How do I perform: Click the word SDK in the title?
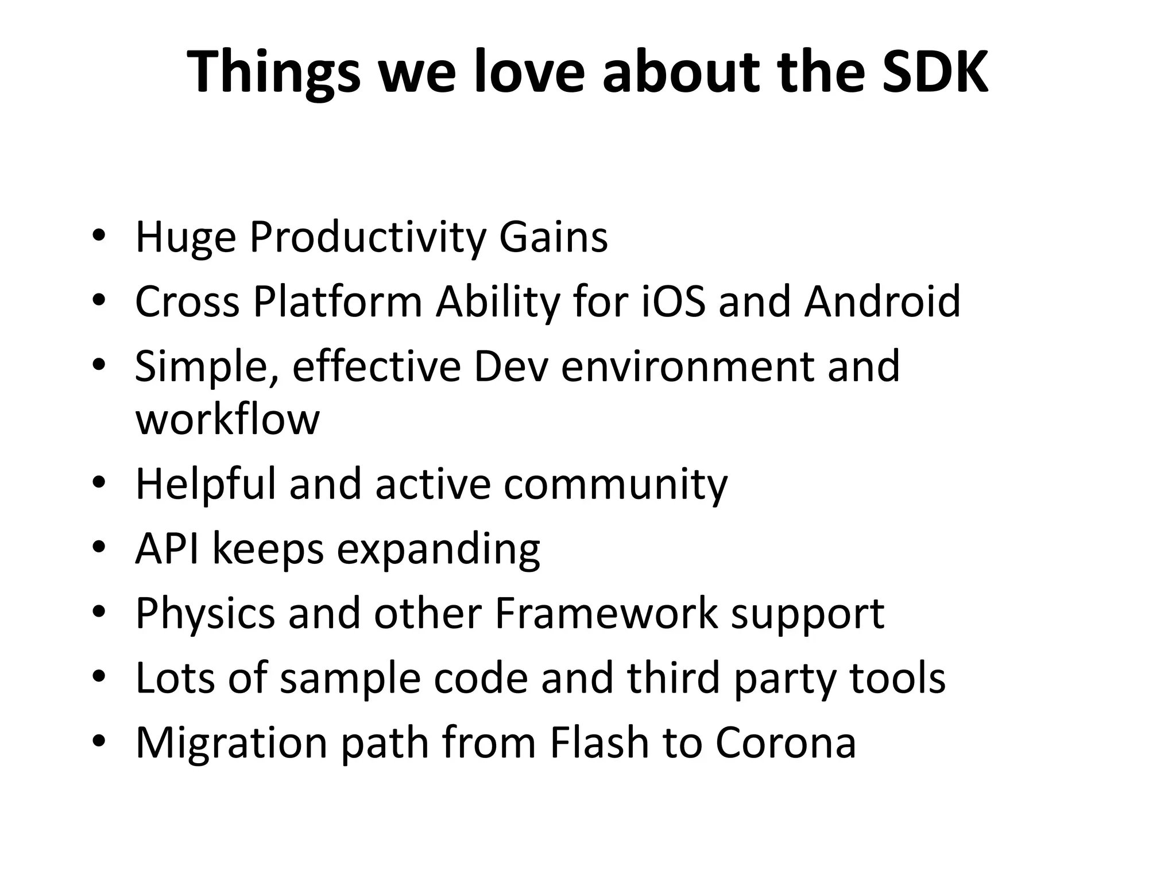(x=935, y=72)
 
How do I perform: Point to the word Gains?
(x=553, y=237)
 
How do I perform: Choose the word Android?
(x=882, y=301)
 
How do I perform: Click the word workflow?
(x=227, y=419)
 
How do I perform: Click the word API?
(x=167, y=548)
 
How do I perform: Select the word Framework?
(x=605, y=613)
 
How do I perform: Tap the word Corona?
(x=785, y=742)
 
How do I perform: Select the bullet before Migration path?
(x=99, y=741)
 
